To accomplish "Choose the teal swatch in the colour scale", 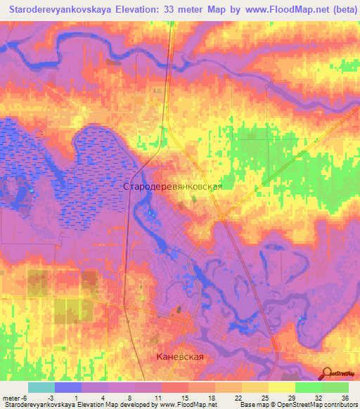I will pos(41,387).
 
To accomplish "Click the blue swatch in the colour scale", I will pos(68,387).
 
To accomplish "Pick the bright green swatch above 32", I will pos(309,387).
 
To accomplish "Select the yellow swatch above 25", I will pos(255,387).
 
